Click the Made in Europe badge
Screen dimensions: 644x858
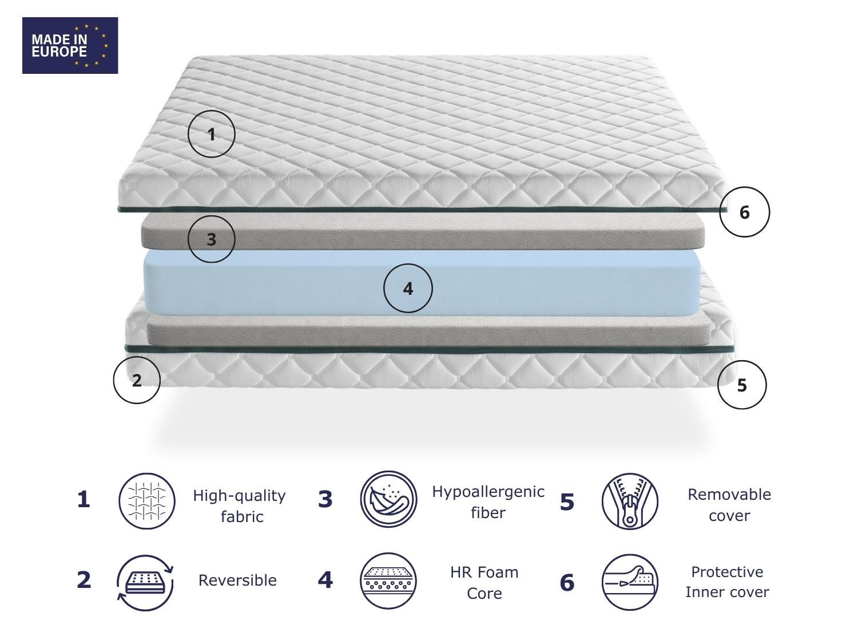point(70,45)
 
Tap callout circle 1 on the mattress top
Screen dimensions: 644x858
point(211,134)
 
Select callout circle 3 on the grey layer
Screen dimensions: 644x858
point(211,239)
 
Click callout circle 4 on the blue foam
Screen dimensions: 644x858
point(408,288)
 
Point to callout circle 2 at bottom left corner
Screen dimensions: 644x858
point(137,380)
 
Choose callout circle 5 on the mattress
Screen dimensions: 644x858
point(742,385)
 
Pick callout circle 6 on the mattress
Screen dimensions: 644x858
point(744,212)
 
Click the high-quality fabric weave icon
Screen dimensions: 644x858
point(147,501)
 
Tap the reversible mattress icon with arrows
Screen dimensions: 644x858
point(145,582)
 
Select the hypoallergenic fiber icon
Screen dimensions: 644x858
point(389,499)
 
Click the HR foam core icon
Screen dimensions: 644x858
point(389,581)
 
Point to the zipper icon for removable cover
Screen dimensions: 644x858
point(630,501)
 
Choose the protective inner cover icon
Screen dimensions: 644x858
point(630,582)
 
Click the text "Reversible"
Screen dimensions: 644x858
point(237,580)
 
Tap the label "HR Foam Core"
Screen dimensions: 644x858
point(484,582)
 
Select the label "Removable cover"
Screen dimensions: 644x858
point(729,504)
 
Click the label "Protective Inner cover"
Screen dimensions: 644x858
point(727,582)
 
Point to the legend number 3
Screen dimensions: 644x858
point(325,500)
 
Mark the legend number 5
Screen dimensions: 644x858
point(566,502)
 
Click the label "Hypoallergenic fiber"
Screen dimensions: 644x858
point(488,501)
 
